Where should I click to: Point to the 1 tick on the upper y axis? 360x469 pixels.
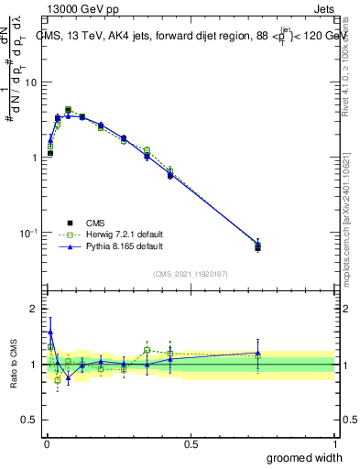tap(34, 158)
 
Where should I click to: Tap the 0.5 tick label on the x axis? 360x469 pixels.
tap(190, 443)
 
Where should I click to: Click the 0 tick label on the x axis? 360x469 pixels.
tap(46, 443)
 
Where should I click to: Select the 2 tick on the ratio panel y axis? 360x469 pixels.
tap(34, 309)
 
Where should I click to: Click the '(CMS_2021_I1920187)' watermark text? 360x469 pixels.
tap(191, 273)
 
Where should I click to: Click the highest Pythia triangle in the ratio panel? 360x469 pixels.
tap(49, 333)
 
